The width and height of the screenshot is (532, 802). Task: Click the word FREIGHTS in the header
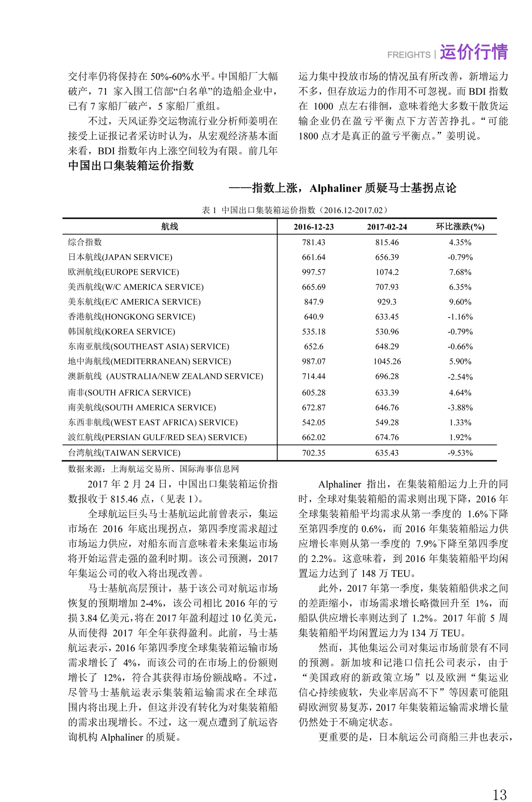pyautogui.click(x=408, y=55)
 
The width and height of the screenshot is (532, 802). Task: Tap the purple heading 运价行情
pyautogui.click(x=473, y=52)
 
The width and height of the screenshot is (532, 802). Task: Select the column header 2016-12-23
pyautogui.click(x=313, y=227)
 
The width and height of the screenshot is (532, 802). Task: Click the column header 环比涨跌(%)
pyautogui.click(x=460, y=227)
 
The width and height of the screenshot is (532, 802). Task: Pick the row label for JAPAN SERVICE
pyautogui.click(x=120, y=257)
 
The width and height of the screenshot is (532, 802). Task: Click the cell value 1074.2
pyautogui.click(x=387, y=272)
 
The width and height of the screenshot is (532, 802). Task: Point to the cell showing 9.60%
pyautogui.click(x=460, y=302)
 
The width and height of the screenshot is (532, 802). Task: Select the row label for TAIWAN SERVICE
pyautogui.click(x=124, y=453)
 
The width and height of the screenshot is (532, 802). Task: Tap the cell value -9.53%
pyautogui.click(x=460, y=453)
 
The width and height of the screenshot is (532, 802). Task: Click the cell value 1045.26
pyautogui.click(x=387, y=361)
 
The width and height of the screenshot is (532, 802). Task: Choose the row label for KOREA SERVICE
pyautogui.click(x=121, y=331)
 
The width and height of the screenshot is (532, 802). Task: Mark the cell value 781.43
pyautogui.click(x=313, y=242)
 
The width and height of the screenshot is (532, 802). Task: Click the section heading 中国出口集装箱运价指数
pyautogui.click(x=131, y=166)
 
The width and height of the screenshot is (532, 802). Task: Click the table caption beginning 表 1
pyautogui.click(x=295, y=210)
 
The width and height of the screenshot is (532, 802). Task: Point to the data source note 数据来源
pyautogui.click(x=153, y=468)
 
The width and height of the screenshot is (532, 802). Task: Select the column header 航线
pyautogui.click(x=170, y=227)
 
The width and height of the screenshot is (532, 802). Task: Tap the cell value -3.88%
pyautogui.click(x=460, y=407)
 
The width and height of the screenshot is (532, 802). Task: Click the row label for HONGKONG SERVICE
pyautogui.click(x=132, y=317)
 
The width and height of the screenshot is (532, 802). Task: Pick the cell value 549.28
pyautogui.click(x=387, y=422)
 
